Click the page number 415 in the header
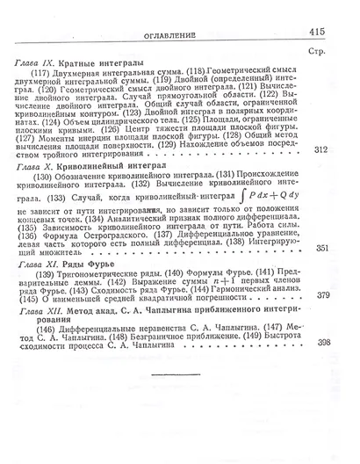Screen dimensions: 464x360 tap(317, 31)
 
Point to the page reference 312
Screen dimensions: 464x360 tap(320, 149)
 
